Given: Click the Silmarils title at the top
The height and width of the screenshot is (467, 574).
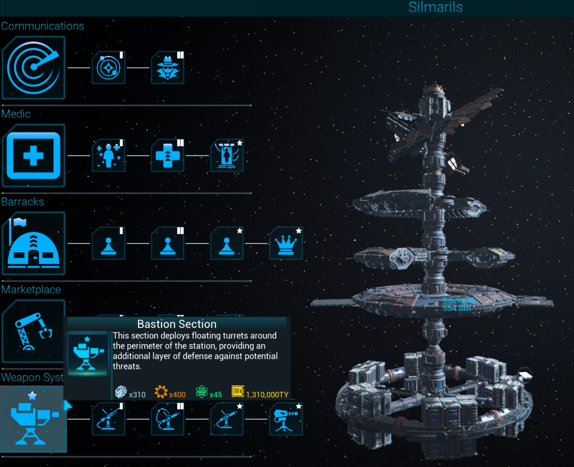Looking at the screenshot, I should coord(435,7).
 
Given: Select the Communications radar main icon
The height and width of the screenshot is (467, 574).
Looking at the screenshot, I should coord(33,68).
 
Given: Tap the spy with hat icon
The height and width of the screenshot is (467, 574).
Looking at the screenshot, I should coord(168,68).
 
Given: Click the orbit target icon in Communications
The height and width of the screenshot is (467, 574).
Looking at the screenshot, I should coord(109,68).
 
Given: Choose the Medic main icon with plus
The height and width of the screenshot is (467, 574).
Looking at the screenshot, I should coord(33,156).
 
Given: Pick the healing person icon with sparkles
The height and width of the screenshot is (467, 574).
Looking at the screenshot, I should coord(109,156).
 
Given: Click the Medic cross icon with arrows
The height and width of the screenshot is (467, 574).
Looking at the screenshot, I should coord(168,156).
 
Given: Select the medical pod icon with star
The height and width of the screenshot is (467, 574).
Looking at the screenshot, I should coord(227,156).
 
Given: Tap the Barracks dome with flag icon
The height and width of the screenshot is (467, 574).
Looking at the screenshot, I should coord(33,244).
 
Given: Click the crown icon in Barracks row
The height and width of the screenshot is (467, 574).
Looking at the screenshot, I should coord(286,244).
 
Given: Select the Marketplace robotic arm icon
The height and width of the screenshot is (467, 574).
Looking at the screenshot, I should coord(33,331).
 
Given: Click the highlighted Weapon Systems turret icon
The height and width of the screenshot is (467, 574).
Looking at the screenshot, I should coord(33,419).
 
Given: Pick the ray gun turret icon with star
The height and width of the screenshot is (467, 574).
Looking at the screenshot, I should coord(286,419).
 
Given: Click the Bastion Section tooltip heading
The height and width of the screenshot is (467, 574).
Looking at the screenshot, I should coord(177,324).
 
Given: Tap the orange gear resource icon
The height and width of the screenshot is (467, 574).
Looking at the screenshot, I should coord(161,392).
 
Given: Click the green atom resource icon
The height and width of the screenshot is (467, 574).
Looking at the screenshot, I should coord(202,392).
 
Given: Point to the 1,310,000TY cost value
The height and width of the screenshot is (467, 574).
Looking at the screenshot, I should coord(267,395).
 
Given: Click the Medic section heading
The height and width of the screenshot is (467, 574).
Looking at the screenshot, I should coord(16,114).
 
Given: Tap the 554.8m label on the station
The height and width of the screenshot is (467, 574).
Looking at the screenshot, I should coord(457,308).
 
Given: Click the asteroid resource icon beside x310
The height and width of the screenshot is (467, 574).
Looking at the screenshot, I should coord(121,392).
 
